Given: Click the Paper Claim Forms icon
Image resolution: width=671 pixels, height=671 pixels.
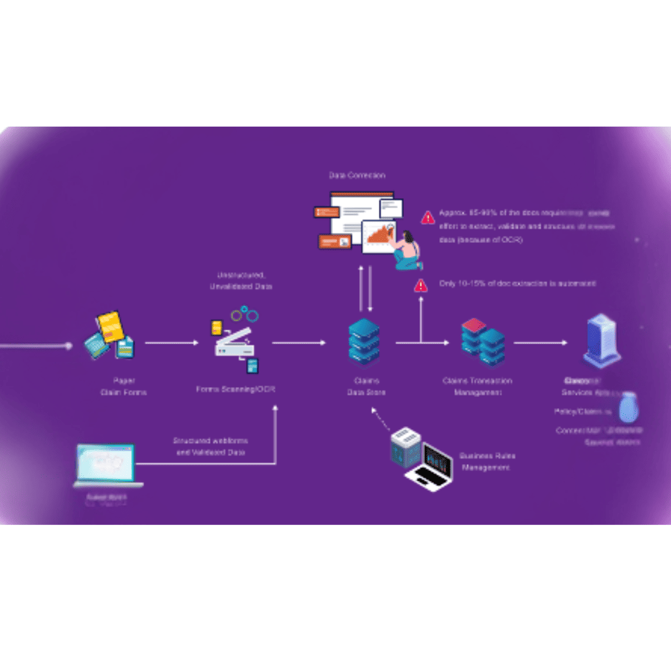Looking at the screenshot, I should point(110,335).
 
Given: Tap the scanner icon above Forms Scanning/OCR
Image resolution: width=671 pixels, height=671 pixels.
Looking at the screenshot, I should point(235,342).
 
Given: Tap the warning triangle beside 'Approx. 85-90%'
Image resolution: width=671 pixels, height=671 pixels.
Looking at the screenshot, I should point(428,217).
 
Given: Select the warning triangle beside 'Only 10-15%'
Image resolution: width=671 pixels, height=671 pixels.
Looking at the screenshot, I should point(421,285).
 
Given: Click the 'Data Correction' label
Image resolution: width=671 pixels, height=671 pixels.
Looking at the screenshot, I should point(357,176).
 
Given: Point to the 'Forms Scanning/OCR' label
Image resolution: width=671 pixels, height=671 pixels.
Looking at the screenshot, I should point(235,390).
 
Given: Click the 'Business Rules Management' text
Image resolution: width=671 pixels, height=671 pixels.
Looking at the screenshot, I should point(487,461).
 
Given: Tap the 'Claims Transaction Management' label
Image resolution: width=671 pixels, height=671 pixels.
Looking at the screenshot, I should point(477,386).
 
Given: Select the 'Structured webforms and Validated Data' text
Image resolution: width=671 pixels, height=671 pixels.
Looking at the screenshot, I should point(209,446).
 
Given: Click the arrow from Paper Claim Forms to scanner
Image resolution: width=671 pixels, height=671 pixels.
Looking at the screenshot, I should point(171,342).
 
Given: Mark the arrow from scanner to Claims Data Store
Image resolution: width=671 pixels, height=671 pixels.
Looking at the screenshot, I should point(298,342).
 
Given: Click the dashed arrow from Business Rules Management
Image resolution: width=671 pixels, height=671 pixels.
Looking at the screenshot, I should point(381,420).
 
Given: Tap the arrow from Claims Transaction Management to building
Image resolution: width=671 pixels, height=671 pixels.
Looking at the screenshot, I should point(540,342).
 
